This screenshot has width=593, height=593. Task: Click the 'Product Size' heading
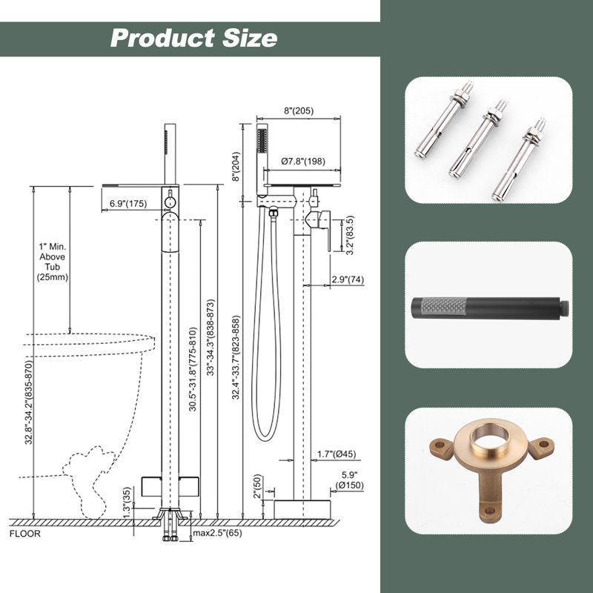[x=193, y=39]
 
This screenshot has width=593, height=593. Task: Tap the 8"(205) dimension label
[x=299, y=110]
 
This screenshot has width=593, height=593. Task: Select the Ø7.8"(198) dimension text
[x=303, y=162]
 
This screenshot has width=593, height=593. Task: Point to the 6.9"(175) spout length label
[x=128, y=203]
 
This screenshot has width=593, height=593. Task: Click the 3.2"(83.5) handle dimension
[x=350, y=235]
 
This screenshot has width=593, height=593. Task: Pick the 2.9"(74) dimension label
[x=348, y=279]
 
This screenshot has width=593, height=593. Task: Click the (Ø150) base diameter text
[x=349, y=486]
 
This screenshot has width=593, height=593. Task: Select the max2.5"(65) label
[x=217, y=533]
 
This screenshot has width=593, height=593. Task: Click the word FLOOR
[x=25, y=534]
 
